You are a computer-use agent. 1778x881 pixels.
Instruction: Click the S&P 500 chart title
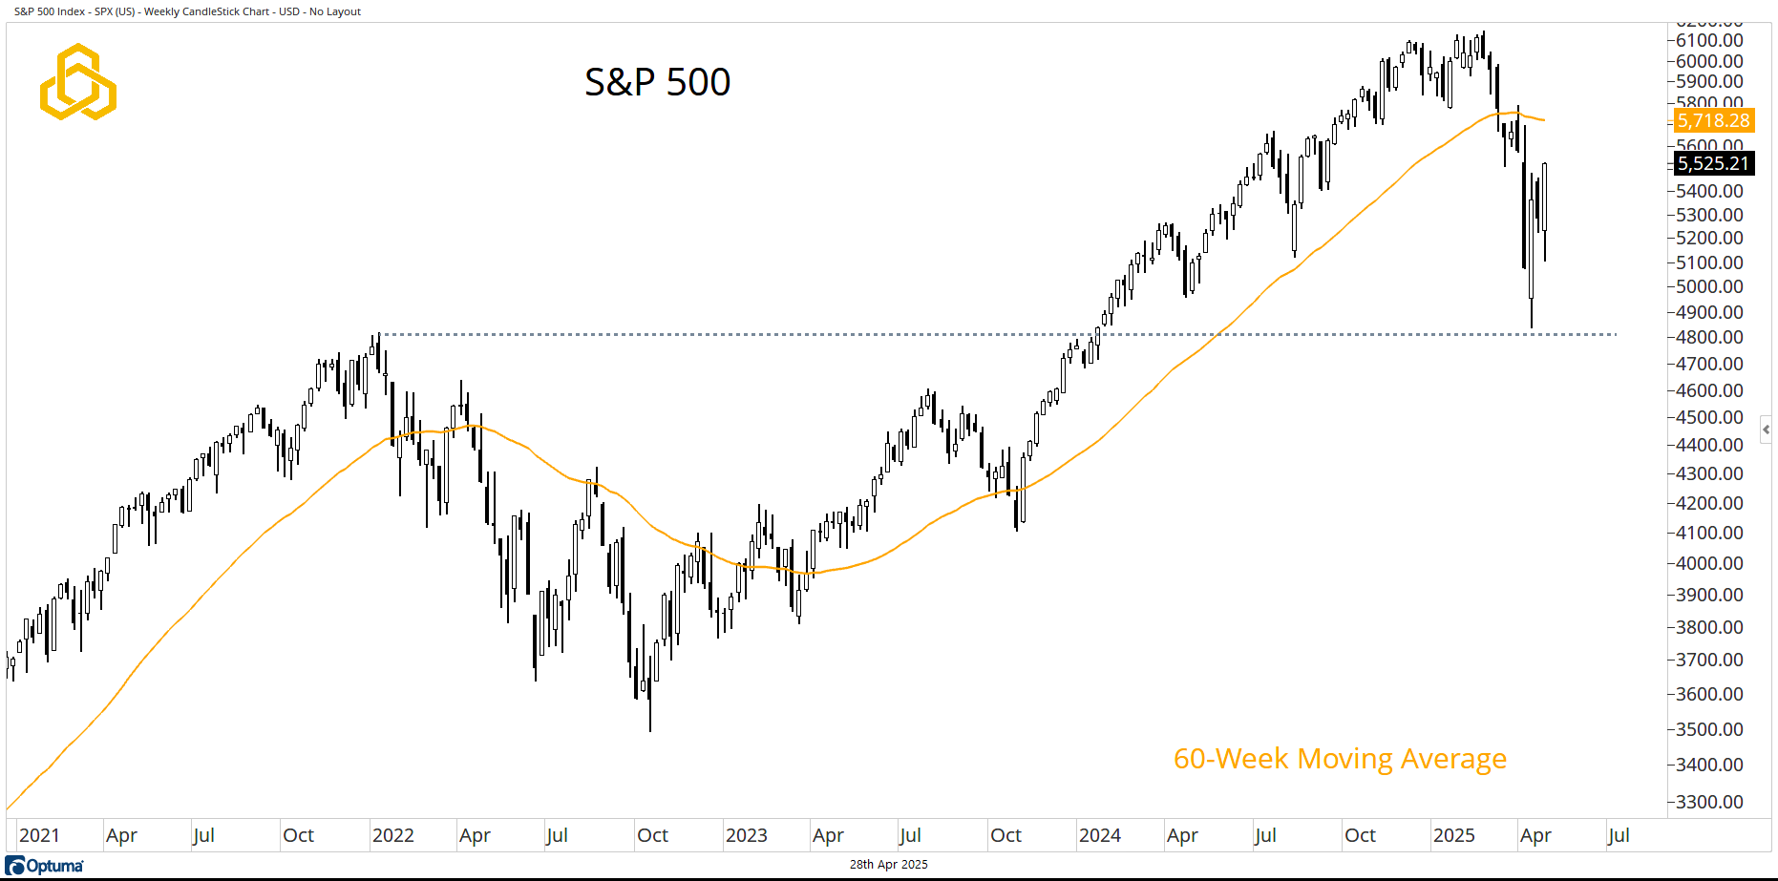[657, 82]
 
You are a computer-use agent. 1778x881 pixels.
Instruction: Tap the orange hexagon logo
[78, 82]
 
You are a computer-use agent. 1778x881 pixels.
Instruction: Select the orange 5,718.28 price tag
[1713, 121]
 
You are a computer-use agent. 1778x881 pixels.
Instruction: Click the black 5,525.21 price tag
[1713, 163]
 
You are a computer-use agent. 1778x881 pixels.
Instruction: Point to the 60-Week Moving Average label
[1339, 759]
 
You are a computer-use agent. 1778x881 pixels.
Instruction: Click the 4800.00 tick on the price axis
[1709, 337]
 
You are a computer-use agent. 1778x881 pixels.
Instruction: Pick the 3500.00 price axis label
[1709, 729]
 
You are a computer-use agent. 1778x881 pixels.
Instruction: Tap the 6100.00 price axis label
[1709, 40]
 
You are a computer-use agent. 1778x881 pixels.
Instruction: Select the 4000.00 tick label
[1709, 563]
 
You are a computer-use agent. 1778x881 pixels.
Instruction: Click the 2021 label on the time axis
[39, 835]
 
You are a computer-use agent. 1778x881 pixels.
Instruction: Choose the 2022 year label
[392, 835]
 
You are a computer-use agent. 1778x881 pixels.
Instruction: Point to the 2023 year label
[746, 835]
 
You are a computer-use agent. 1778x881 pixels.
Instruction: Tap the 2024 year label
[1099, 835]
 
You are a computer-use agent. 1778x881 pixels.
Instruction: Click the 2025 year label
[1453, 835]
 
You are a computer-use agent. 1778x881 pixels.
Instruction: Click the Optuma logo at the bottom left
[45, 866]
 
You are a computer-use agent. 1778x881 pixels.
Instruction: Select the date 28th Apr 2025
[888, 865]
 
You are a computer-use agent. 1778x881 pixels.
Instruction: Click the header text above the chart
[187, 11]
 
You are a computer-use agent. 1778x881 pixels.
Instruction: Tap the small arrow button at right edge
[1766, 430]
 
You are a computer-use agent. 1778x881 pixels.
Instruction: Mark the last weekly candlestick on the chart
[1544, 205]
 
